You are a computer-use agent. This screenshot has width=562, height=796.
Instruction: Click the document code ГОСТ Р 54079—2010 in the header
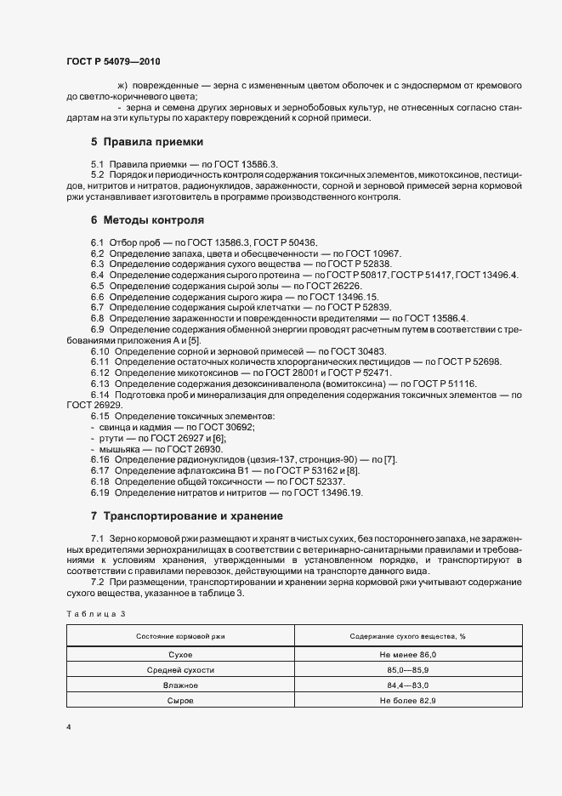pyautogui.click(x=112, y=62)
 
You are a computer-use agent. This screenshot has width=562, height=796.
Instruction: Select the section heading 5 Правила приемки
pyautogui.click(x=146, y=141)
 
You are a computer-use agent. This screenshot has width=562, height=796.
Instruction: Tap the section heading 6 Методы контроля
pyautogui.click(x=146, y=219)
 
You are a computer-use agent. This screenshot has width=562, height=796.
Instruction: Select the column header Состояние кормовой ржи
pyautogui.click(x=180, y=636)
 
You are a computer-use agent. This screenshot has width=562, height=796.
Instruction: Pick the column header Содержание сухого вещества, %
pyautogui.click(x=408, y=636)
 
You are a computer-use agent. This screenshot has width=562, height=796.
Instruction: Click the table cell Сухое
pyautogui.click(x=180, y=655)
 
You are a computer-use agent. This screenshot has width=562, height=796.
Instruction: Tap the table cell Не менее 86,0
pyautogui.click(x=408, y=655)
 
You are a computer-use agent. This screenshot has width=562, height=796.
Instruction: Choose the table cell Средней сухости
pyautogui.click(x=180, y=670)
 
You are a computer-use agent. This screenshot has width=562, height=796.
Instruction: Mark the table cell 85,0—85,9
pyautogui.click(x=408, y=670)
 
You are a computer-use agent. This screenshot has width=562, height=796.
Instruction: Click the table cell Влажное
pyautogui.click(x=180, y=685)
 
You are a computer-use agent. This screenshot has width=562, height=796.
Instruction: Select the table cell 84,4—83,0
pyautogui.click(x=408, y=685)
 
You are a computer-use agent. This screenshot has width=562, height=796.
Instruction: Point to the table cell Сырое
pyautogui.click(x=180, y=700)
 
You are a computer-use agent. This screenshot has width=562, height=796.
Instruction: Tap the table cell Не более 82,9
pyautogui.click(x=408, y=700)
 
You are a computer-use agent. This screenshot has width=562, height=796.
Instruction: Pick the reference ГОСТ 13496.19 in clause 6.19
pyautogui.click(x=322, y=492)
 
